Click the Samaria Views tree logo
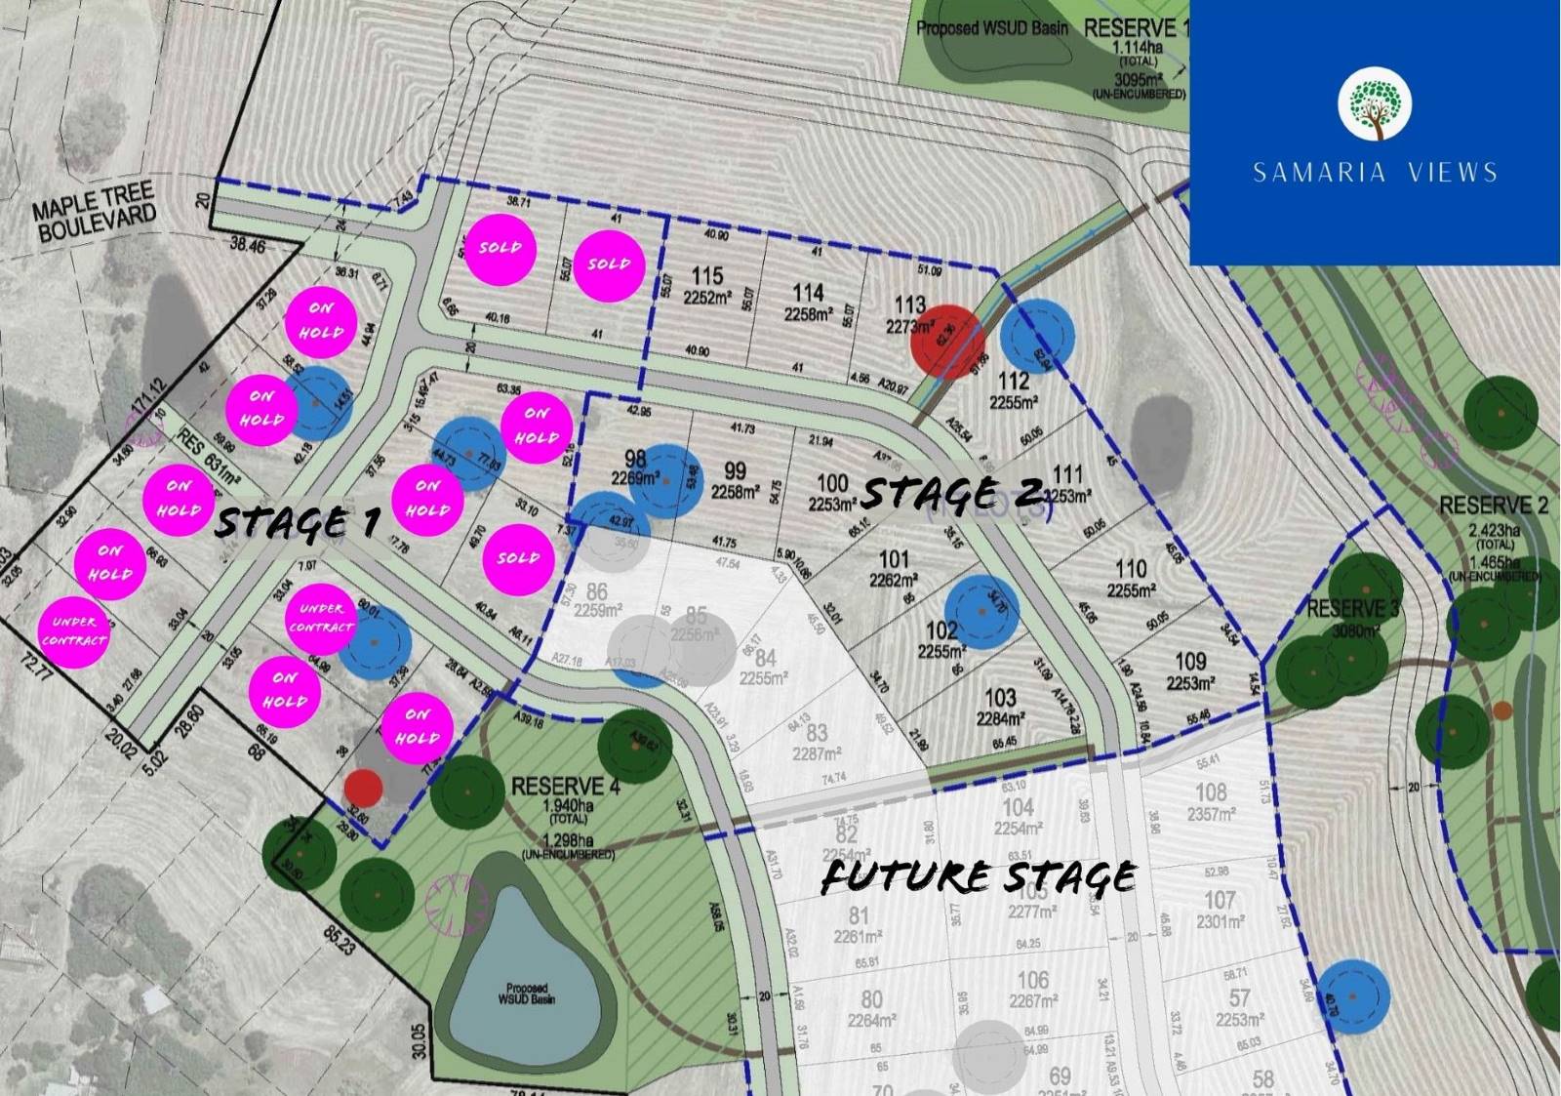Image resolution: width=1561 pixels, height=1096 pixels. pos(1375,103)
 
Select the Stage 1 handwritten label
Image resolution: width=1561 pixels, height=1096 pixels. pos(296,523)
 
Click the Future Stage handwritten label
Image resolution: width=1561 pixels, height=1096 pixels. pos(979,875)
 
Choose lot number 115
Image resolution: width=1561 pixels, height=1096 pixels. pos(707,277)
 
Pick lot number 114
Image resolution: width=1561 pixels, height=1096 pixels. pos(808,294)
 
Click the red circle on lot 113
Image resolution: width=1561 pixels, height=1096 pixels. pos(945,340)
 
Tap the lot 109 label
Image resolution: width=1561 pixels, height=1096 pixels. pos(1190,662)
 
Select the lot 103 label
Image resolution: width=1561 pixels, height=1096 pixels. pos(1000,699)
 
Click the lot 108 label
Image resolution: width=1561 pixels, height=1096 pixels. pos(1211,792)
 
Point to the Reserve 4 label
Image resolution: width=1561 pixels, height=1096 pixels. pos(557,786)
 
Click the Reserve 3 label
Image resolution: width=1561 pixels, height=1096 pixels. pos(1352,609)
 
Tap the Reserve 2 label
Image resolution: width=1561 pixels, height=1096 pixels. pos(1493,506)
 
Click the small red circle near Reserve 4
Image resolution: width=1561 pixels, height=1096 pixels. pos(363,787)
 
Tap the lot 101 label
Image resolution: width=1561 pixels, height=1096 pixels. pos(894,560)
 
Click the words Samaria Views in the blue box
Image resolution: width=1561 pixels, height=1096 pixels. pos(1375,173)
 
